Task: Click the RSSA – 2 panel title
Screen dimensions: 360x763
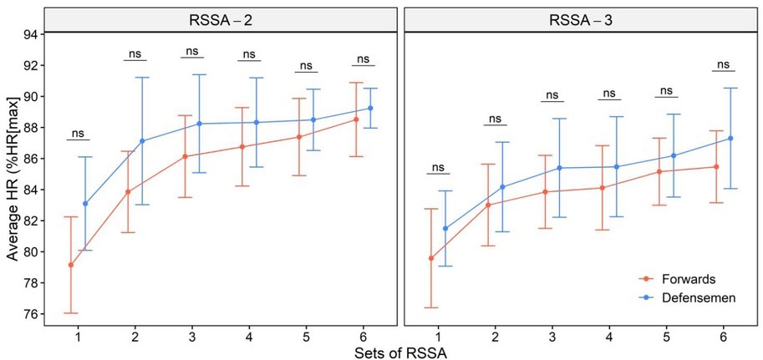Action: (x=220, y=19)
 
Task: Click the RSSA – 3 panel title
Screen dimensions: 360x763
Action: (x=579, y=19)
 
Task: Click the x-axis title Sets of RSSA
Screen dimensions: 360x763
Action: (x=399, y=352)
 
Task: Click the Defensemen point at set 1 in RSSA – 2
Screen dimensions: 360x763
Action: (x=85, y=204)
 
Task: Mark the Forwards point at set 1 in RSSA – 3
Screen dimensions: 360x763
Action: (x=430, y=258)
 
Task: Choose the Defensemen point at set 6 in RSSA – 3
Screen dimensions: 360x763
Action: (x=730, y=138)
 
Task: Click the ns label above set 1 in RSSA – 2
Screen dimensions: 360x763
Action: (x=78, y=133)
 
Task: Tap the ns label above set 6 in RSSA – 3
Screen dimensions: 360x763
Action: (x=724, y=64)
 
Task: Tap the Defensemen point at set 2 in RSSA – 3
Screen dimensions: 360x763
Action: (x=503, y=187)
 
